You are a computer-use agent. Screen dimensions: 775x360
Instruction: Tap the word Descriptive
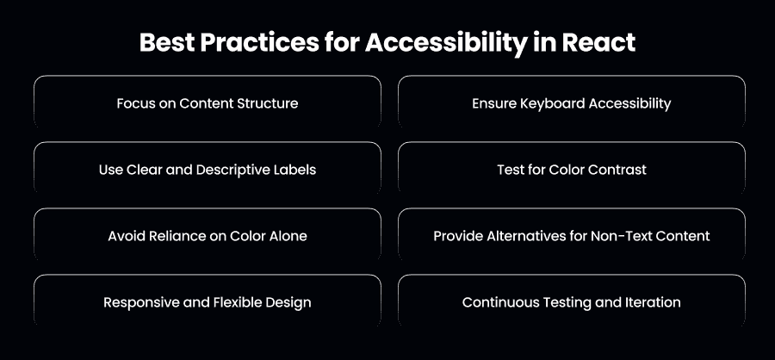[x=232, y=171]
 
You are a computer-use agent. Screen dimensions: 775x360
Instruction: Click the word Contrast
[x=620, y=170]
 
